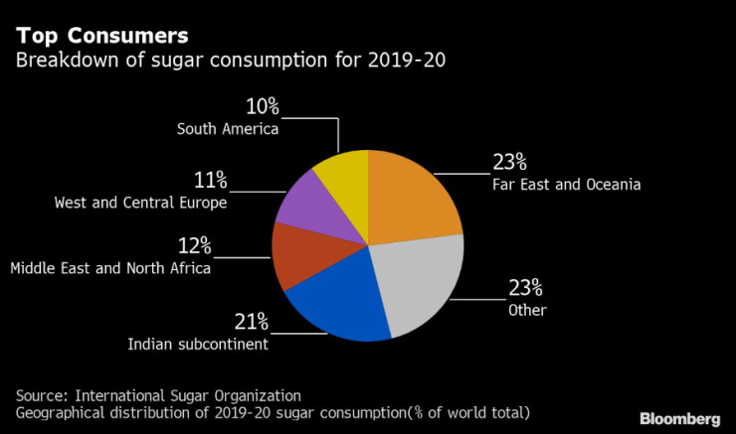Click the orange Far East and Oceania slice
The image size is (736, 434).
[413, 199]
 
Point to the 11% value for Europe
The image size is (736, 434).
[211, 181]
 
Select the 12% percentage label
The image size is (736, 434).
[194, 245]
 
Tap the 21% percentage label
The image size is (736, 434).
[251, 321]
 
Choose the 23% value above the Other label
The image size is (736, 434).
[524, 288]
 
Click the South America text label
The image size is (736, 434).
[228, 128]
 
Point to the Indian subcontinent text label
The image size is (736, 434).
[198, 344]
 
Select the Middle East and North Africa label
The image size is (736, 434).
[109, 268]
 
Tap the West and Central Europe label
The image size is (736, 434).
[140, 203]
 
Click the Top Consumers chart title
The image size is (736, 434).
[100, 37]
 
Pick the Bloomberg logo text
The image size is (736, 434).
[678, 419]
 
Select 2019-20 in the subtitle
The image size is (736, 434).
[408, 62]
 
